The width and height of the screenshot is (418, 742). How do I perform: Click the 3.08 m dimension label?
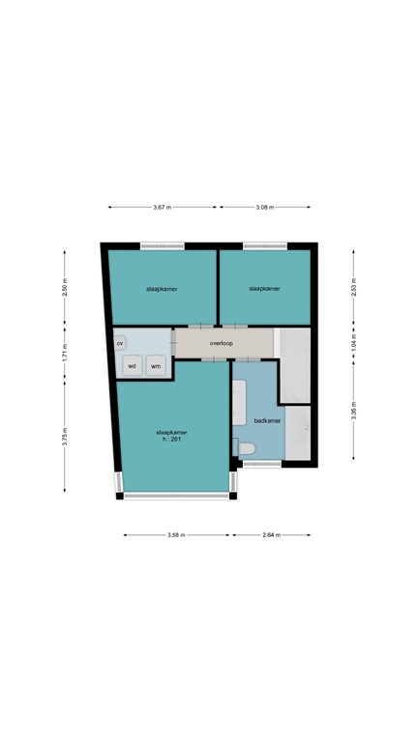(265, 207)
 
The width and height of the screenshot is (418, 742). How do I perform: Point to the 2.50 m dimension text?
(65, 289)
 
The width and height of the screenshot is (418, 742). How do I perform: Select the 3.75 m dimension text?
(65, 436)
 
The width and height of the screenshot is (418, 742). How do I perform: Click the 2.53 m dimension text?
(353, 289)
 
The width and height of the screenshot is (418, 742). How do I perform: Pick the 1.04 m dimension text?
(353, 344)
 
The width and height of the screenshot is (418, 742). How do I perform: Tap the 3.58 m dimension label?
(176, 534)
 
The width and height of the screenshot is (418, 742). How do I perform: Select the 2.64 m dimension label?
(270, 534)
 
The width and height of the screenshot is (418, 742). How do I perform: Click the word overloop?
(223, 343)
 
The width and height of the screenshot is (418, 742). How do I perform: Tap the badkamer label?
(267, 420)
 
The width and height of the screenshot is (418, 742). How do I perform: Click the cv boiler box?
(120, 343)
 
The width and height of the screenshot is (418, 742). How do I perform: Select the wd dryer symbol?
(132, 365)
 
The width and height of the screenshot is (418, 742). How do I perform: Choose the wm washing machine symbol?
(156, 365)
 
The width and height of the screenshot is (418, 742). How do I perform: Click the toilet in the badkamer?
(245, 447)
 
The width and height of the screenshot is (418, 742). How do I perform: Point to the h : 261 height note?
(171, 440)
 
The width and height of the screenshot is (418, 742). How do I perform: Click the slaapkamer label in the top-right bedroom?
(264, 288)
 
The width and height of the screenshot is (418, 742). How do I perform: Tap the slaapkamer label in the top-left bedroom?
(162, 288)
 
